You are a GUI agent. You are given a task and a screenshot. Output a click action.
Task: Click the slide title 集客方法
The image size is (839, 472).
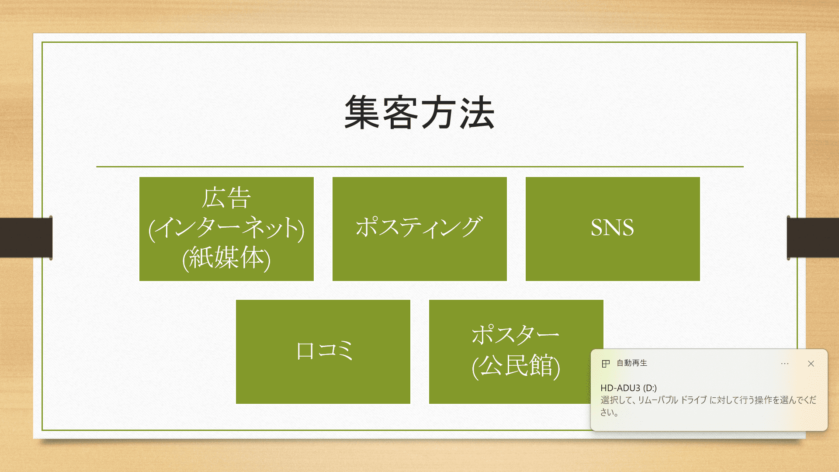[419, 113]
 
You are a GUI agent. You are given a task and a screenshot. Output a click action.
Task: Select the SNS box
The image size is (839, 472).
[613, 229]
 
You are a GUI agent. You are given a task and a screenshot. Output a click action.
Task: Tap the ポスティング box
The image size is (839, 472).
[419, 229]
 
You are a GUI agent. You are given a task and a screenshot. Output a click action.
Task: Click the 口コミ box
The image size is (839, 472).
[323, 351]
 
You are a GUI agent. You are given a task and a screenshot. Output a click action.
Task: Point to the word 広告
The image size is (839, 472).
[226, 198]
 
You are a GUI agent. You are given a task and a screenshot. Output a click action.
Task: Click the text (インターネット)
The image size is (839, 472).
[226, 228]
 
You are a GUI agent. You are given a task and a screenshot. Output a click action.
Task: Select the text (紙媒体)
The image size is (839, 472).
[226, 258]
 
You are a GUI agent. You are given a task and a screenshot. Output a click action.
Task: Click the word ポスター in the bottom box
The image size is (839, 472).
[516, 335]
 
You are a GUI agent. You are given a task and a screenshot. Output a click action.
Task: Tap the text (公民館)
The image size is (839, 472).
[516, 365]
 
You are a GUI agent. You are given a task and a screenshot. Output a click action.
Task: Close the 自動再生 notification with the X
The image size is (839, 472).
[811, 364]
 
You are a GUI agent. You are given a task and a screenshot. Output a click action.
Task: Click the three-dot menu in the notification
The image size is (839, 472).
[785, 364]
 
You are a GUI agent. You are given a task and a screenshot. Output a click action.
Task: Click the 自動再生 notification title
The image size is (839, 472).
[632, 363]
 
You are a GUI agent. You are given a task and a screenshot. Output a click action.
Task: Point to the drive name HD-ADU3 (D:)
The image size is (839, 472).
[628, 388]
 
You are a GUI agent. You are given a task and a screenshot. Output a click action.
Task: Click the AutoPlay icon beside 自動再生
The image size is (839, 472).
[606, 364]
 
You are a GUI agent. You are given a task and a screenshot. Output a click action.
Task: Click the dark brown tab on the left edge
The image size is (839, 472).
[26, 237]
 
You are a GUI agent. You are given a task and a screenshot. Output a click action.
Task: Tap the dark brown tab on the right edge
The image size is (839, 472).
[813, 237]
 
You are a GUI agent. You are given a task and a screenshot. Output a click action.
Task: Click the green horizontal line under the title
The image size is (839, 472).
[419, 167]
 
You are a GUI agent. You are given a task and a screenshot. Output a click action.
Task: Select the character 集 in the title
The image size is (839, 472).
[362, 113]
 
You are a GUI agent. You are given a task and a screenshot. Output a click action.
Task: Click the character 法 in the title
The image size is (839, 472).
[477, 113]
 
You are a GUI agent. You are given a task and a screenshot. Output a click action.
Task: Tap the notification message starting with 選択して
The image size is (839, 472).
[708, 406]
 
